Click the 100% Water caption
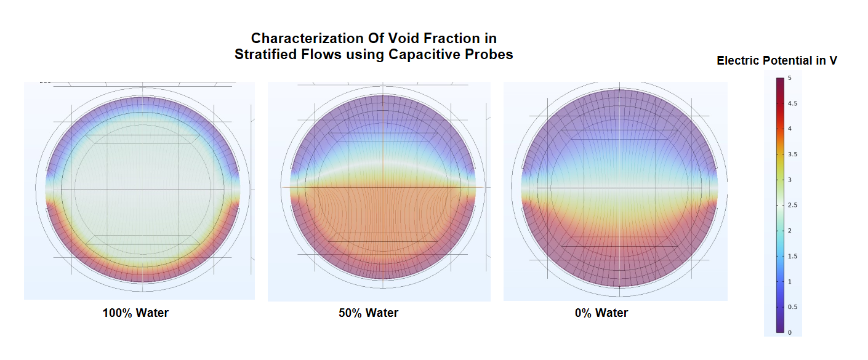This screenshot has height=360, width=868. [x=135, y=313]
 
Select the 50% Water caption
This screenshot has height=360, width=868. [x=368, y=313]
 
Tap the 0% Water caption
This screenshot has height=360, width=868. [x=601, y=313]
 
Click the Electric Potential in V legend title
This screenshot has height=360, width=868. [x=777, y=60]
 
